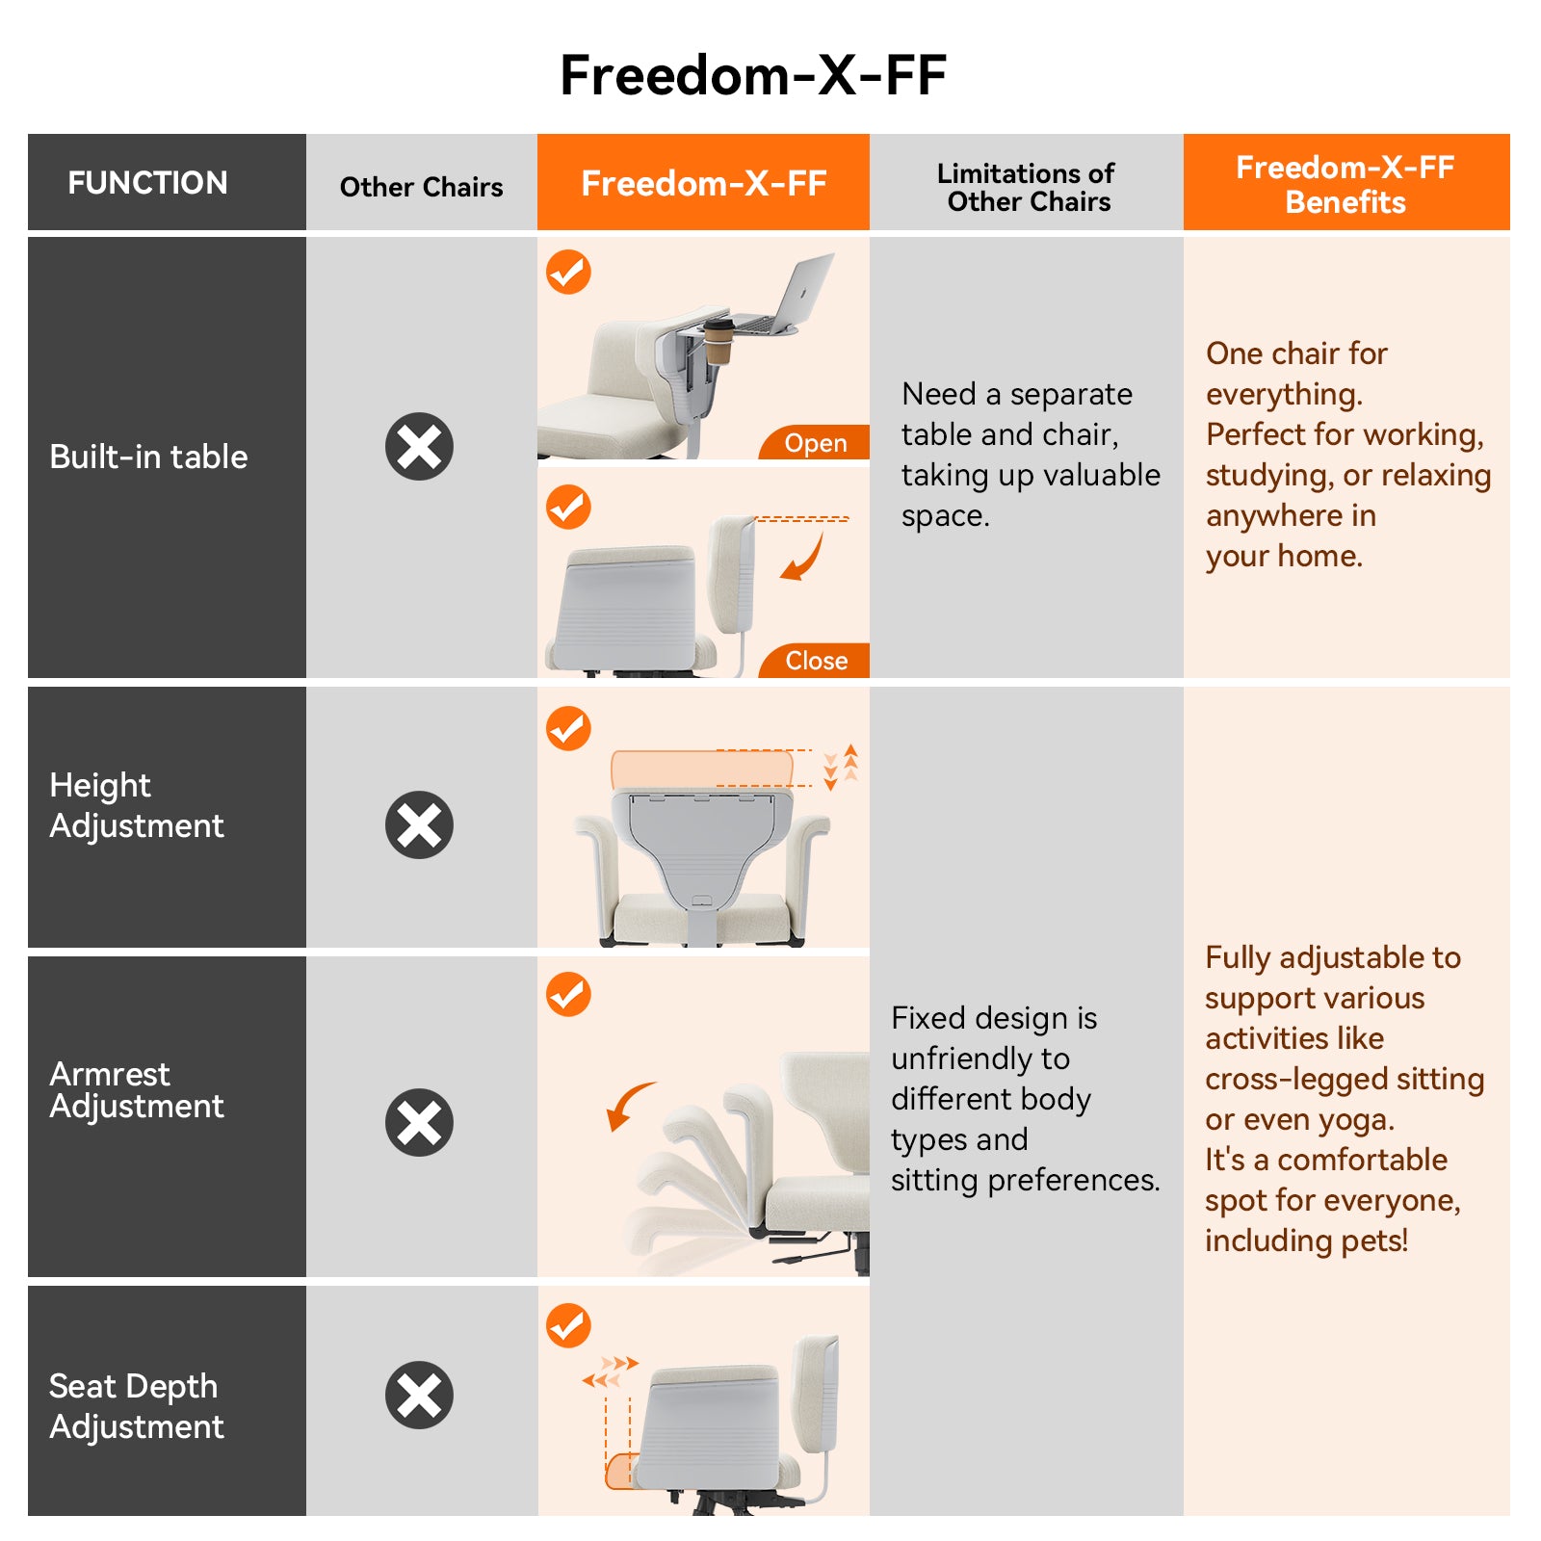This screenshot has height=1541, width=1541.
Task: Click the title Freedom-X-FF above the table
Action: coord(753,75)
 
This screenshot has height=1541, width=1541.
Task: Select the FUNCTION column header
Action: coord(147,182)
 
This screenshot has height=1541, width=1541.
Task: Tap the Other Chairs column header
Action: coord(421,186)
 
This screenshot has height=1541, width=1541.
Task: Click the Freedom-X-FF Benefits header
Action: coord(1345,184)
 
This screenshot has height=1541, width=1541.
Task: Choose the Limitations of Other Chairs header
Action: coord(1027,187)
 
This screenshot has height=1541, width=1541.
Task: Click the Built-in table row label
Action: coord(148,457)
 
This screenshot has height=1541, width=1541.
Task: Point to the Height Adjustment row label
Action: coord(137,805)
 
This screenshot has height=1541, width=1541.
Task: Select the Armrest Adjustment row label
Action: coord(137,1089)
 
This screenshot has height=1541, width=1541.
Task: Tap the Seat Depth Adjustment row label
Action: coord(137,1406)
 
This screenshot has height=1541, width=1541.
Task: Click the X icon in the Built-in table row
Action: coord(419,447)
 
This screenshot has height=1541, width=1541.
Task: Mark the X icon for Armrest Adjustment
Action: coord(419,1122)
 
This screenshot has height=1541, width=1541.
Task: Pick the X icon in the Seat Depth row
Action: coord(419,1395)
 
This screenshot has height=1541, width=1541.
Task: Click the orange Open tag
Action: coord(815,443)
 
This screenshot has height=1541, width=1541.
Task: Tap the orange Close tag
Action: coord(816,661)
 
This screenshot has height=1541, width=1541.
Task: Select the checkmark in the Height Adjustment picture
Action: coord(568,728)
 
